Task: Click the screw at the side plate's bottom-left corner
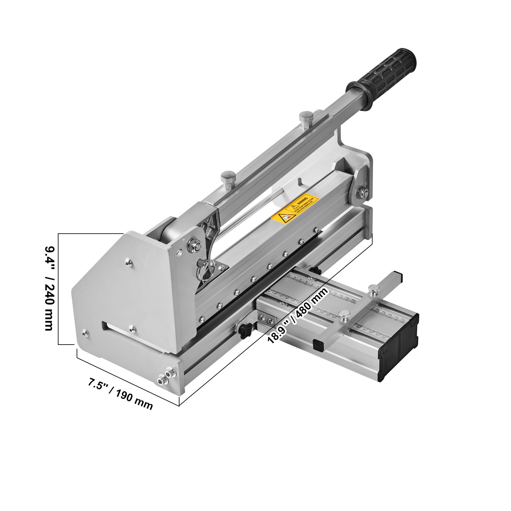[x=84, y=333]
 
